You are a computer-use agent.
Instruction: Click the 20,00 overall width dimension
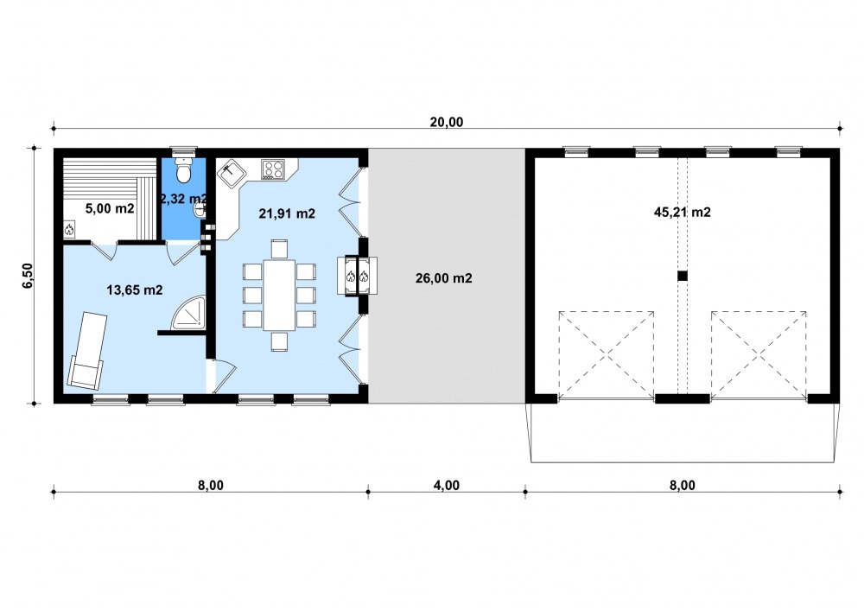(x=447, y=123)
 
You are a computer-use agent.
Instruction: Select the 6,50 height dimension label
(x=28, y=275)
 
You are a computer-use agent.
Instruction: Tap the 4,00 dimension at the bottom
(x=447, y=486)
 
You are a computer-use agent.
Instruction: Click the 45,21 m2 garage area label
(x=683, y=212)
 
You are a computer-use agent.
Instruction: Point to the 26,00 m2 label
(x=443, y=278)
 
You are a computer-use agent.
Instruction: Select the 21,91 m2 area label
(x=287, y=213)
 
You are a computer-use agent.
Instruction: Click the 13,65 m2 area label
(x=135, y=290)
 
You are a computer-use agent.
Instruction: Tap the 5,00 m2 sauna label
(x=110, y=208)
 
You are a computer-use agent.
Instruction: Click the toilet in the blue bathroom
(x=183, y=169)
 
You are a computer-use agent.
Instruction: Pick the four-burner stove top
(x=273, y=169)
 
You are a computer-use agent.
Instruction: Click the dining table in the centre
(x=279, y=295)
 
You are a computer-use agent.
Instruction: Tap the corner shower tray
(x=188, y=313)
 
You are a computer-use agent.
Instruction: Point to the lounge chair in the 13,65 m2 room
(x=87, y=349)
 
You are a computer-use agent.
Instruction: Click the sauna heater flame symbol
(x=69, y=230)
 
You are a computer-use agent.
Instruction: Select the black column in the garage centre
(x=683, y=276)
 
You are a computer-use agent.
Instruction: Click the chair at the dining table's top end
(x=279, y=249)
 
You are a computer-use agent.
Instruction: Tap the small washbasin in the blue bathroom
(x=200, y=210)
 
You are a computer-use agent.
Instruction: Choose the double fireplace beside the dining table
(x=357, y=276)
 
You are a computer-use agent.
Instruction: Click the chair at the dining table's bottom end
(x=279, y=341)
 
